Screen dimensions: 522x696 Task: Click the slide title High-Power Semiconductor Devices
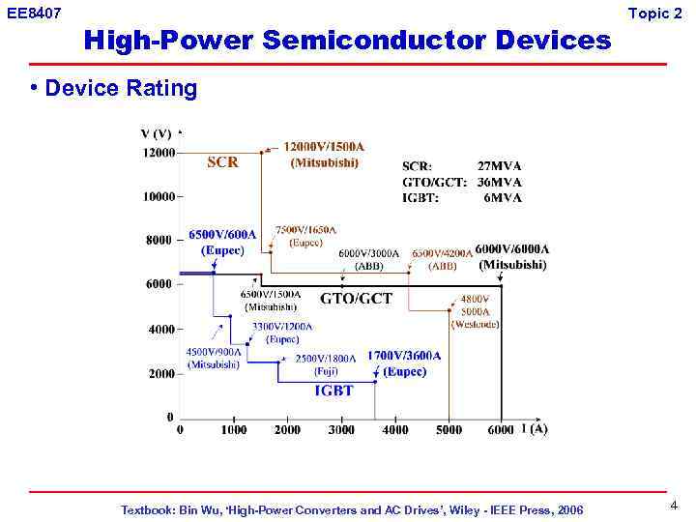tap(348, 41)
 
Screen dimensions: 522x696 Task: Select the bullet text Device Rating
tap(121, 89)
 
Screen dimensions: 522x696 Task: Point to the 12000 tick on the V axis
tap(158, 153)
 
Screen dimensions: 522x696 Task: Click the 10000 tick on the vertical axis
tap(158, 197)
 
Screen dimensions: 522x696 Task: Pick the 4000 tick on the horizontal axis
tap(394, 430)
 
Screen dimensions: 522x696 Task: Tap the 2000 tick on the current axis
tap(287, 430)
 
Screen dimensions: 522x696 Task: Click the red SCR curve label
tap(222, 162)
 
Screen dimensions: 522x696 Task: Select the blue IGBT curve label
tap(333, 391)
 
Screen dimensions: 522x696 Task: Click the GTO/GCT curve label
tap(356, 299)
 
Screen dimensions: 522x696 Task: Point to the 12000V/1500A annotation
tap(324, 146)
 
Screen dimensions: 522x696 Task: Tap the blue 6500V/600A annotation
tap(222, 234)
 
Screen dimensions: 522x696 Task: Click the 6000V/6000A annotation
tap(511, 249)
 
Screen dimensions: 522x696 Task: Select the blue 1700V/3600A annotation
tap(403, 356)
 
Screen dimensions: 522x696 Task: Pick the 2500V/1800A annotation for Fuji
tap(325, 359)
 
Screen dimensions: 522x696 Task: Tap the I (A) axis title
tap(534, 429)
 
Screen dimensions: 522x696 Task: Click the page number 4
tap(674, 506)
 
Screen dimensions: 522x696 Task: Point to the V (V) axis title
tap(157, 134)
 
